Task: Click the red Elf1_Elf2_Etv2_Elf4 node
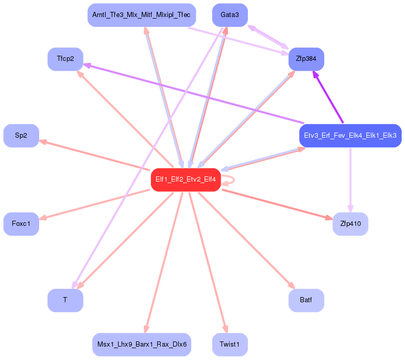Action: (x=185, y=179)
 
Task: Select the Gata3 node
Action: (x=230, y=15)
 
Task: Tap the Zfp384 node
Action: (x=307, y=59)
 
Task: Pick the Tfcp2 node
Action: (x=65, y=59)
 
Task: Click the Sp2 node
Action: (x=21, y=136)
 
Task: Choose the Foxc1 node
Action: (x=21, y=224)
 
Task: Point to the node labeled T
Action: (x=65, y=300)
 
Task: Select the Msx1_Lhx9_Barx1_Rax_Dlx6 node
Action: (x=142, y=345)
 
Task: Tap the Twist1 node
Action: (x=230, y=345)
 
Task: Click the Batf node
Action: (x=307, y=300)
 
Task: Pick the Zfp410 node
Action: (x=350, y=224)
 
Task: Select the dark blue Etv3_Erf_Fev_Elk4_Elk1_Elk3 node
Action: (x=350, y=136)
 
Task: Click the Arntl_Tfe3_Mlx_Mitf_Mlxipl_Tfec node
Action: (x=142, y=15)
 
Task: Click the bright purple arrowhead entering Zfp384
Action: (x=316, y=75)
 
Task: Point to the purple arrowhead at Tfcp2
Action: (x=87, y=66)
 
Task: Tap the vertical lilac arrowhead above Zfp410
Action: (x=350, y=208)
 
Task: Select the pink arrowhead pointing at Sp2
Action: (x=43, y=142)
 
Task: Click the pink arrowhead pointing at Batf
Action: (x=292, y=285)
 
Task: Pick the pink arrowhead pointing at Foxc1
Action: (x=43, y=218)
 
